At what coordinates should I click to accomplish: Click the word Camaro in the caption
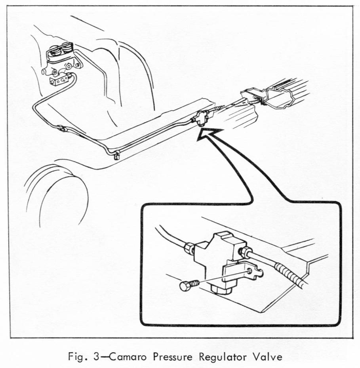(128, 357)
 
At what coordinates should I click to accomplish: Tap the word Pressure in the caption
(173, 357)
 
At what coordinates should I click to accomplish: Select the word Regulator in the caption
(223, 357)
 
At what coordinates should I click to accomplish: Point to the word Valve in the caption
(268, 357)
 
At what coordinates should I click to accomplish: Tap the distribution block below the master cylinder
(60, 79)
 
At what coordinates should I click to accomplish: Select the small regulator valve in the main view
(202, 118)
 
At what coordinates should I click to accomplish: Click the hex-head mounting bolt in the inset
(189, 285)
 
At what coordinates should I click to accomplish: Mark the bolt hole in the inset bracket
(251, 272)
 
